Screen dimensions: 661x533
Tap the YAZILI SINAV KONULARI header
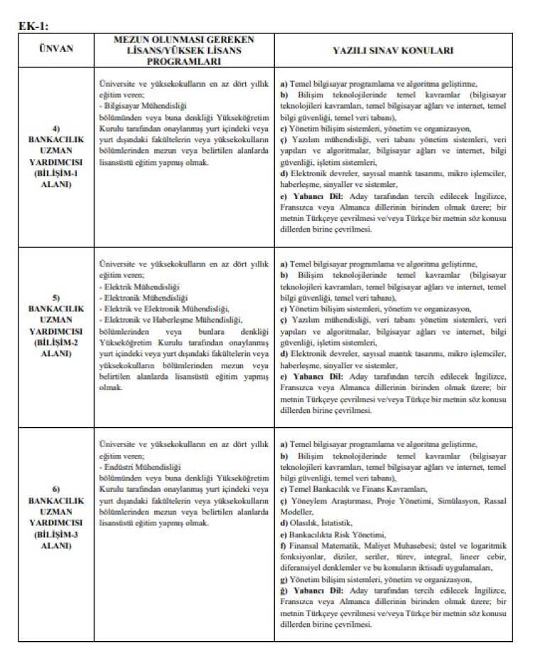click(x=392, y=50)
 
